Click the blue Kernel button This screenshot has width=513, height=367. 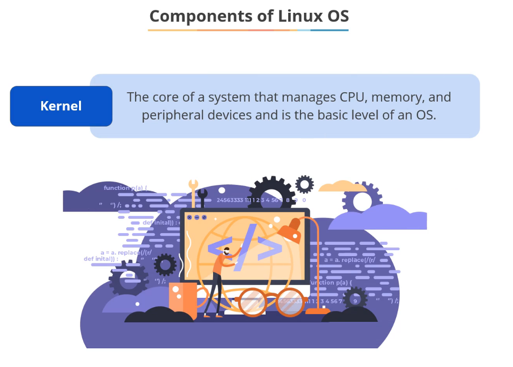point(61,106)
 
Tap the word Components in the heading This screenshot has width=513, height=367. point(200,16)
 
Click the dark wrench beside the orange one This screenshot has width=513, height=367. point(203,196)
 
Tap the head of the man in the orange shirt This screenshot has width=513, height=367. point(227,252)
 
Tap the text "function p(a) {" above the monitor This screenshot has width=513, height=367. point(125,188)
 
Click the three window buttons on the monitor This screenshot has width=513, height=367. point(196,217)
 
